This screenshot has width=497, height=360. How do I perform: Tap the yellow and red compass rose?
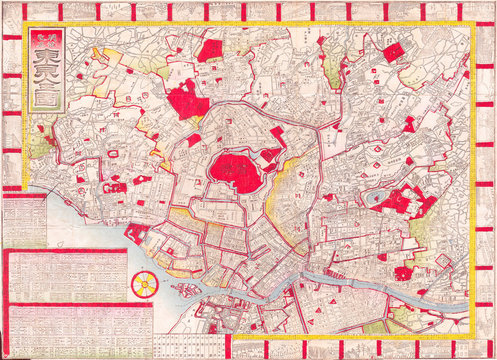point(143,283)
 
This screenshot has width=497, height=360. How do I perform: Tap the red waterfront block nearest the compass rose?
point(136,236)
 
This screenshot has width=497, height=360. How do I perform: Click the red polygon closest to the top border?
point(210,50)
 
